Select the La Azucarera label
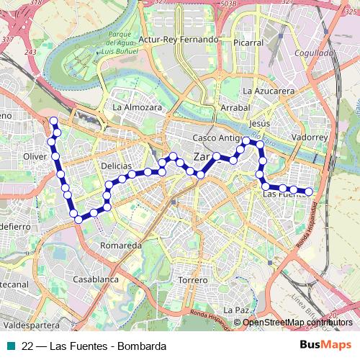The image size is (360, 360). point(269,91)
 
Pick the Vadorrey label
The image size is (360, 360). point(310,137)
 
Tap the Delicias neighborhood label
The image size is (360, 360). point(116,166)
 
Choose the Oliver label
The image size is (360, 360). point(35,156)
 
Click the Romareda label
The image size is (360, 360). point(120,246)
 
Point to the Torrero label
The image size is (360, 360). point(192,279)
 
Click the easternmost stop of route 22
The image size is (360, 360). point(309,192)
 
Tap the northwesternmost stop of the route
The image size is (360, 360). point(53,121)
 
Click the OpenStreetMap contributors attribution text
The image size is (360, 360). point(298,322)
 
